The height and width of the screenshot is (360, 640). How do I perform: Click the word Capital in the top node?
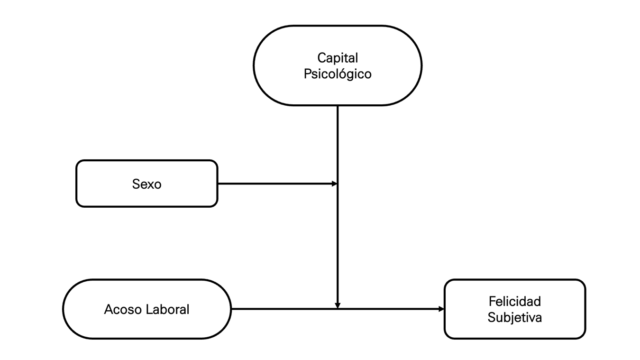coord(338,58)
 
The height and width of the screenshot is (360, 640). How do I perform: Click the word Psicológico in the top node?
coord(338,74)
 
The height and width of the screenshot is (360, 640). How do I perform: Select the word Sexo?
coord(146,184)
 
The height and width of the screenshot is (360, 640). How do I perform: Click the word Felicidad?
coord(514,301)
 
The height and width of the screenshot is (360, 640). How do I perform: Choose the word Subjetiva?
coord(514,317)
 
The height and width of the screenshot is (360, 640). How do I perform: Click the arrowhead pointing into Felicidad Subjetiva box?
coord(441,309)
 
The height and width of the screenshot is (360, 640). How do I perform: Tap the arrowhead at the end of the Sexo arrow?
coord(334,184)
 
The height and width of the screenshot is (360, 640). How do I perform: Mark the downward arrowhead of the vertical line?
coord(338,305)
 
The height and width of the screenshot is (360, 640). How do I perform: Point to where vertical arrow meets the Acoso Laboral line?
coord(338,309)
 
